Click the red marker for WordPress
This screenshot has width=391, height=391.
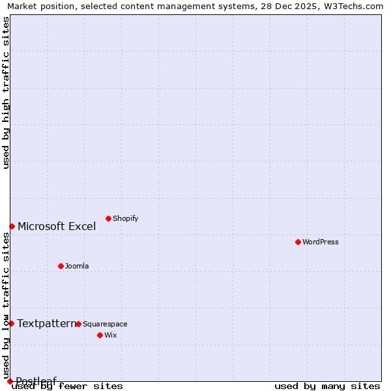[298, 242]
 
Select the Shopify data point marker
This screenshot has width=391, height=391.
[108, 218]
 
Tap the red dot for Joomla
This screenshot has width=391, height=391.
[61, 266]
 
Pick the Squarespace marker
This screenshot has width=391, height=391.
[78, 324]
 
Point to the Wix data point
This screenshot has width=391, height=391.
[100, 335]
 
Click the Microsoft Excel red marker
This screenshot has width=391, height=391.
[12, 226]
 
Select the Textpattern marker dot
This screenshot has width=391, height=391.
[11, 323]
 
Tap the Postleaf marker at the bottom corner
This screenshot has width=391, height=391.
[10, 381]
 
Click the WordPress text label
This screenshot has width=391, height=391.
[320, 242]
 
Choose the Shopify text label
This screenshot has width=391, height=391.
[125, 218]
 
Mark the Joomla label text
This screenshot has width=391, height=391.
[77, 266]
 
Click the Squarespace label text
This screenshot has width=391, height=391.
[105, 324]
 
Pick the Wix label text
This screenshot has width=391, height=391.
[110, 335]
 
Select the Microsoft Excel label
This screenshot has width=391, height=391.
[57, 227]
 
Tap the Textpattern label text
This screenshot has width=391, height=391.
[46, 323]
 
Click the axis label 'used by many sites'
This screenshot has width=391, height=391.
[327, 386]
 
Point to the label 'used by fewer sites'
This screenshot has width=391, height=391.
[68, 386]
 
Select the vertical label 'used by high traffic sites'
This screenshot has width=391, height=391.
[6, 93]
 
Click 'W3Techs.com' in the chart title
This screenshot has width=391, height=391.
[353, 6]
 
